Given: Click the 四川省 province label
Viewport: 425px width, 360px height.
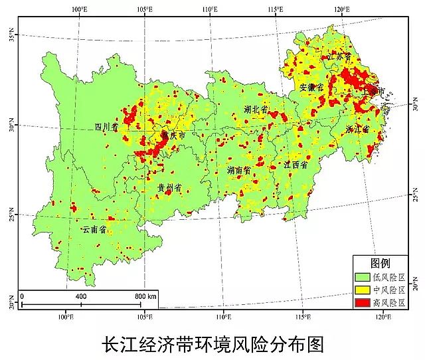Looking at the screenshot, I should point(106,126).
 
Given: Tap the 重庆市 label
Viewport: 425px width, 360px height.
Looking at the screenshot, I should point(173,135).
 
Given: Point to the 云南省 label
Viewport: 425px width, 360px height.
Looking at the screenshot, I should point(94,229).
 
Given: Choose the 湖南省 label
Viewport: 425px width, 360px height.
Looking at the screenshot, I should point(238,171).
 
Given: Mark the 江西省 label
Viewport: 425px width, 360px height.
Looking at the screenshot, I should point(296,164).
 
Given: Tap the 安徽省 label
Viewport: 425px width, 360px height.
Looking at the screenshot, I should point(311,87).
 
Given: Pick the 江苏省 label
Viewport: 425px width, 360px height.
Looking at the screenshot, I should point(338,58).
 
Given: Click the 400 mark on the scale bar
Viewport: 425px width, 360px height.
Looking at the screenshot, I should point(81,296).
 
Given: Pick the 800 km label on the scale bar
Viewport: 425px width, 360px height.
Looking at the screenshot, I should point(145,296).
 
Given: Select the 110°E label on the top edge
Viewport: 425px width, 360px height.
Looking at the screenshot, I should point(209,8).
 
